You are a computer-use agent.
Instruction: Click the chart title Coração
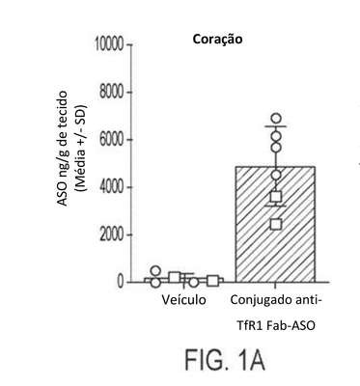pyautogui.click(x=217, y=40)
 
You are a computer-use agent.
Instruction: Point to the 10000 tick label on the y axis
pyautogui.click(x=109, y=45)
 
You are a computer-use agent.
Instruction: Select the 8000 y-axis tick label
pyautogui.click(x=111, y=93)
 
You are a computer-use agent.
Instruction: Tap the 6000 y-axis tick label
pyautogui.click(x=111, y=140)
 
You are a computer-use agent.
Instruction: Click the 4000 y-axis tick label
pyautogui.click(x=111, y=187)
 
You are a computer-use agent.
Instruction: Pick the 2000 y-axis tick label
pyautogui.click(x=111, y=234)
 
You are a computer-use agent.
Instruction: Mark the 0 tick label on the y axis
pyautogui.click(x=121, y=282)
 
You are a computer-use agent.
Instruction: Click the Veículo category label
pyautogui.click(x=183, y=300)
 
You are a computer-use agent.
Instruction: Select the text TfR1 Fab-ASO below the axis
pyautogui.click(x=276, y=326)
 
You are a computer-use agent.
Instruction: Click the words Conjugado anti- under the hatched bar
pyautogui.click(x=276, y=300)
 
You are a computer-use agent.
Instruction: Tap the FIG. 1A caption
pyautogui.click(x=225, y=360)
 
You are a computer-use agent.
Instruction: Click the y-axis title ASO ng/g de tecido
pyautogui.click(x=63, y=149)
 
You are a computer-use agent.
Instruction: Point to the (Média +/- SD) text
pyautogui.click(x=81, y=149)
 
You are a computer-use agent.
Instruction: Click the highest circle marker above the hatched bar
pyautogui.click(x=276, y=119)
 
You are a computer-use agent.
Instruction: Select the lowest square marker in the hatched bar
pyautogui.click(x=276, y=224)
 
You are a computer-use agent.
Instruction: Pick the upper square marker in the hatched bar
pyautogui.click(x=276, y=196)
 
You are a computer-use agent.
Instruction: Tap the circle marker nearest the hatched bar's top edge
pyautogui.click(x=276, y=175)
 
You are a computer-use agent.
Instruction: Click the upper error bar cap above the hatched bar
pyautogui.click(x=276, y=126)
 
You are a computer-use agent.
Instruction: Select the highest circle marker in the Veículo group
pyautogui.click(x=155, y=271)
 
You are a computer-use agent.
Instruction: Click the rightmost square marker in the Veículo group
pyautogui.click(x=213, y=281)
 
